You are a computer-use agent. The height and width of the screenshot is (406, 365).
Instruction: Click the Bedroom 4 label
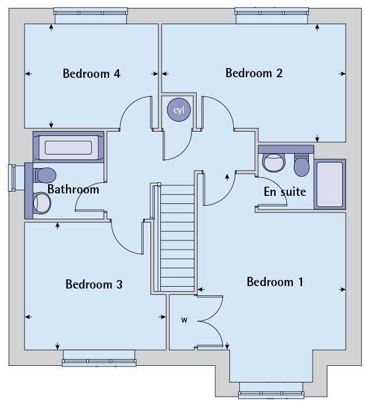[x=91, y=74]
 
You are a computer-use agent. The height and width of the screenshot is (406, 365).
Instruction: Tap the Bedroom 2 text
[x=254, y=73]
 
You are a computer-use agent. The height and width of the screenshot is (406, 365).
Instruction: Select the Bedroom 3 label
[x=94, y=284]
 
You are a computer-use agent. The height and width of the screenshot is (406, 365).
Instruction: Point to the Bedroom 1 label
[x=275, y=282]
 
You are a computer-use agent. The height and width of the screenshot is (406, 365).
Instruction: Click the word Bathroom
[x=73, y=189]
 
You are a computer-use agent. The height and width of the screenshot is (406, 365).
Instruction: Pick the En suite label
[x=285, y=192]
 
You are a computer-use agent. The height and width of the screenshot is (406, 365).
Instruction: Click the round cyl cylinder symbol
[x=179, y=110]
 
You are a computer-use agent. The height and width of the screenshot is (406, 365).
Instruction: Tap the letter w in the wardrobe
[x=184, y=320]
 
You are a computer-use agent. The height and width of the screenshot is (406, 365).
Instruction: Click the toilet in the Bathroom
[x=44, y=174]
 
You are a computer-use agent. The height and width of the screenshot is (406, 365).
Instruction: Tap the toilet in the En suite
[x=301, y=164]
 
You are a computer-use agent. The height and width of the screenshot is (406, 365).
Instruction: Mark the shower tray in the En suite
[x=329, y=184]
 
